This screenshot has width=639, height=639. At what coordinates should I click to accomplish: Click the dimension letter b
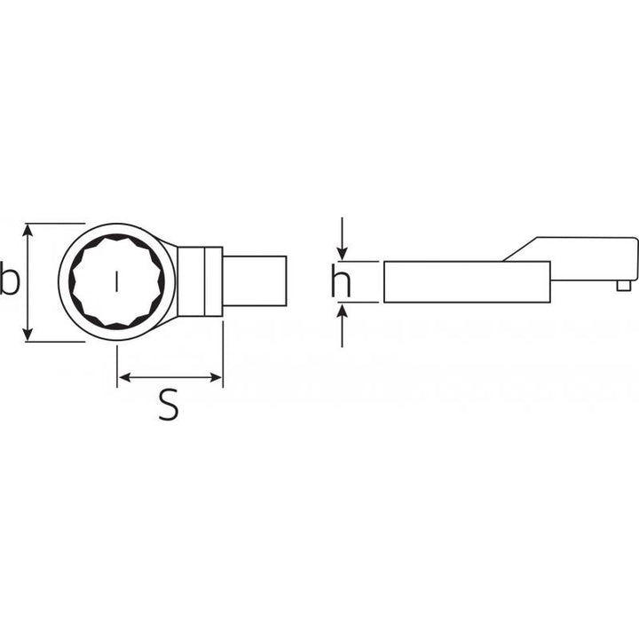(9, 281)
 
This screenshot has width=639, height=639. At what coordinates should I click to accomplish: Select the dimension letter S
(169, 406)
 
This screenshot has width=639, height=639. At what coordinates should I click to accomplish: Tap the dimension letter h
(341, 282)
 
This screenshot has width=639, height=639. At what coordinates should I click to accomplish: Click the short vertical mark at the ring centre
(116, 282)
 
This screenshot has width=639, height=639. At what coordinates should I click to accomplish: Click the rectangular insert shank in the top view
(255, 281)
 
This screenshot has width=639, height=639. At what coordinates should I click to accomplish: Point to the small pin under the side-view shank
(625, 285)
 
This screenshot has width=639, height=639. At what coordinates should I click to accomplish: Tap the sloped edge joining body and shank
(519, 248)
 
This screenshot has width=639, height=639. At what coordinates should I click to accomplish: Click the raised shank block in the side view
(586, 257)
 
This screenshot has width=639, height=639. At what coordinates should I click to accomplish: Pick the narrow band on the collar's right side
(214, 281)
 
